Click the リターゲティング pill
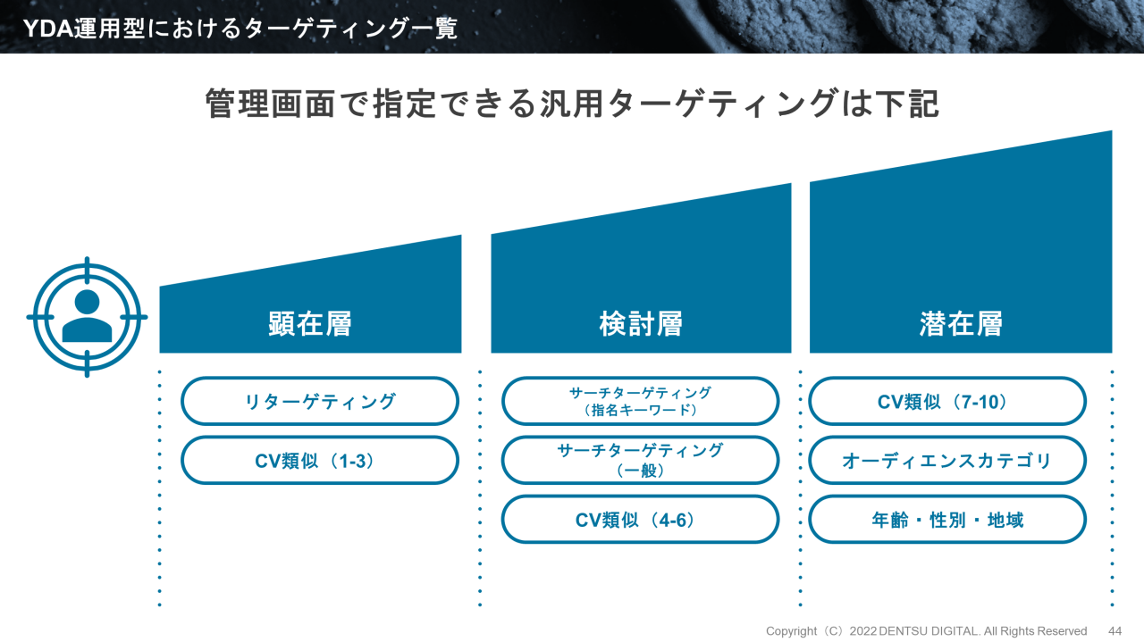319,401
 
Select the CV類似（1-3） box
319,460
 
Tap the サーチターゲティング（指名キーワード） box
640,401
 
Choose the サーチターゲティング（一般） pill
640,460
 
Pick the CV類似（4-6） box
640,519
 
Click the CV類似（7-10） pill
947,401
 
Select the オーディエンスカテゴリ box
947,460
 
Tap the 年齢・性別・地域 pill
947,519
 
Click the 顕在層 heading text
310,323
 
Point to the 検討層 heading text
641,323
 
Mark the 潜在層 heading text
961,323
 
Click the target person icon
87,317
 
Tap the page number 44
1115,630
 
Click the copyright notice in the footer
926,630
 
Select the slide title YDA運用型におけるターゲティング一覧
240,28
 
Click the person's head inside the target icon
87,302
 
